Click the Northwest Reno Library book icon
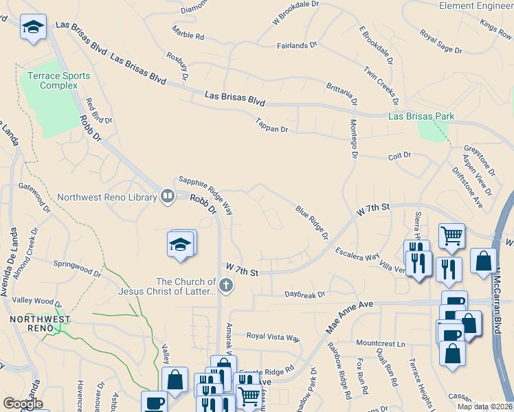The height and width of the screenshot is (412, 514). pos(167,197)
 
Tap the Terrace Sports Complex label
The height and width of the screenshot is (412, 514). pos(49,80)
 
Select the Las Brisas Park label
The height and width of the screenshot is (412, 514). pos(421,117)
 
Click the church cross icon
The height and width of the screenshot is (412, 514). pos(226,286)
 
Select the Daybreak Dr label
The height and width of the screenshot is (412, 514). pos(305,295)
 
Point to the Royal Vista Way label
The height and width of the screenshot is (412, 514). pos(273,338)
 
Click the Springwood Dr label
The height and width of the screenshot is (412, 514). pos(78,268)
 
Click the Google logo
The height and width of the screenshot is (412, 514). pos(23,404)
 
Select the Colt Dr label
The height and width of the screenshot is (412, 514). pos(399,156)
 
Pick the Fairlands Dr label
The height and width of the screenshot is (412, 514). pos(297,45)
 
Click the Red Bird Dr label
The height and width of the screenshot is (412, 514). pos(98,111)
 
